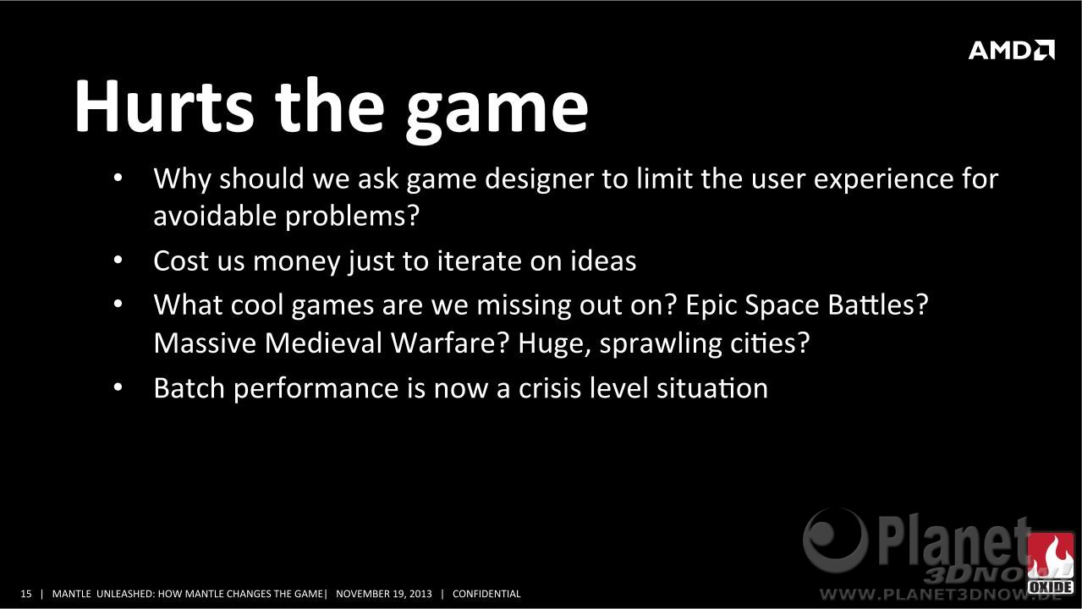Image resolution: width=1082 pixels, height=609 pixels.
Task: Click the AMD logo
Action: (1012, 50)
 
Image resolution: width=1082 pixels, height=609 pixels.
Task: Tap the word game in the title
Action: (497, 112)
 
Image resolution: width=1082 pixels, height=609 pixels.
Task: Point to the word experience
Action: (883, 179)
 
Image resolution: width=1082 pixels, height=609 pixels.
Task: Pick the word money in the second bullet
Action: (297, 262)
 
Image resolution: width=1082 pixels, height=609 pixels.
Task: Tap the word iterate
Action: (479, 261)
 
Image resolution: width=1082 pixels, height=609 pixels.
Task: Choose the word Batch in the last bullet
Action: (189, 387)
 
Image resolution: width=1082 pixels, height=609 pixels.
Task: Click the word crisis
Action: (550, 387)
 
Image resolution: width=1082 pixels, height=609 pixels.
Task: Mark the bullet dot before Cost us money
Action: (118, 261)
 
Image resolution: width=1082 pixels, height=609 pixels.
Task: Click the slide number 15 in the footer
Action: (26, 594)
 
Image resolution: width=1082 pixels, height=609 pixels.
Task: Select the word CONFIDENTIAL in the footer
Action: (486, 594)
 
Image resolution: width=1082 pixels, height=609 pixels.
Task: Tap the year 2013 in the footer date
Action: (420, 594)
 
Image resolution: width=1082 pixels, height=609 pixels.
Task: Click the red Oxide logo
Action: (1050, 563)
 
